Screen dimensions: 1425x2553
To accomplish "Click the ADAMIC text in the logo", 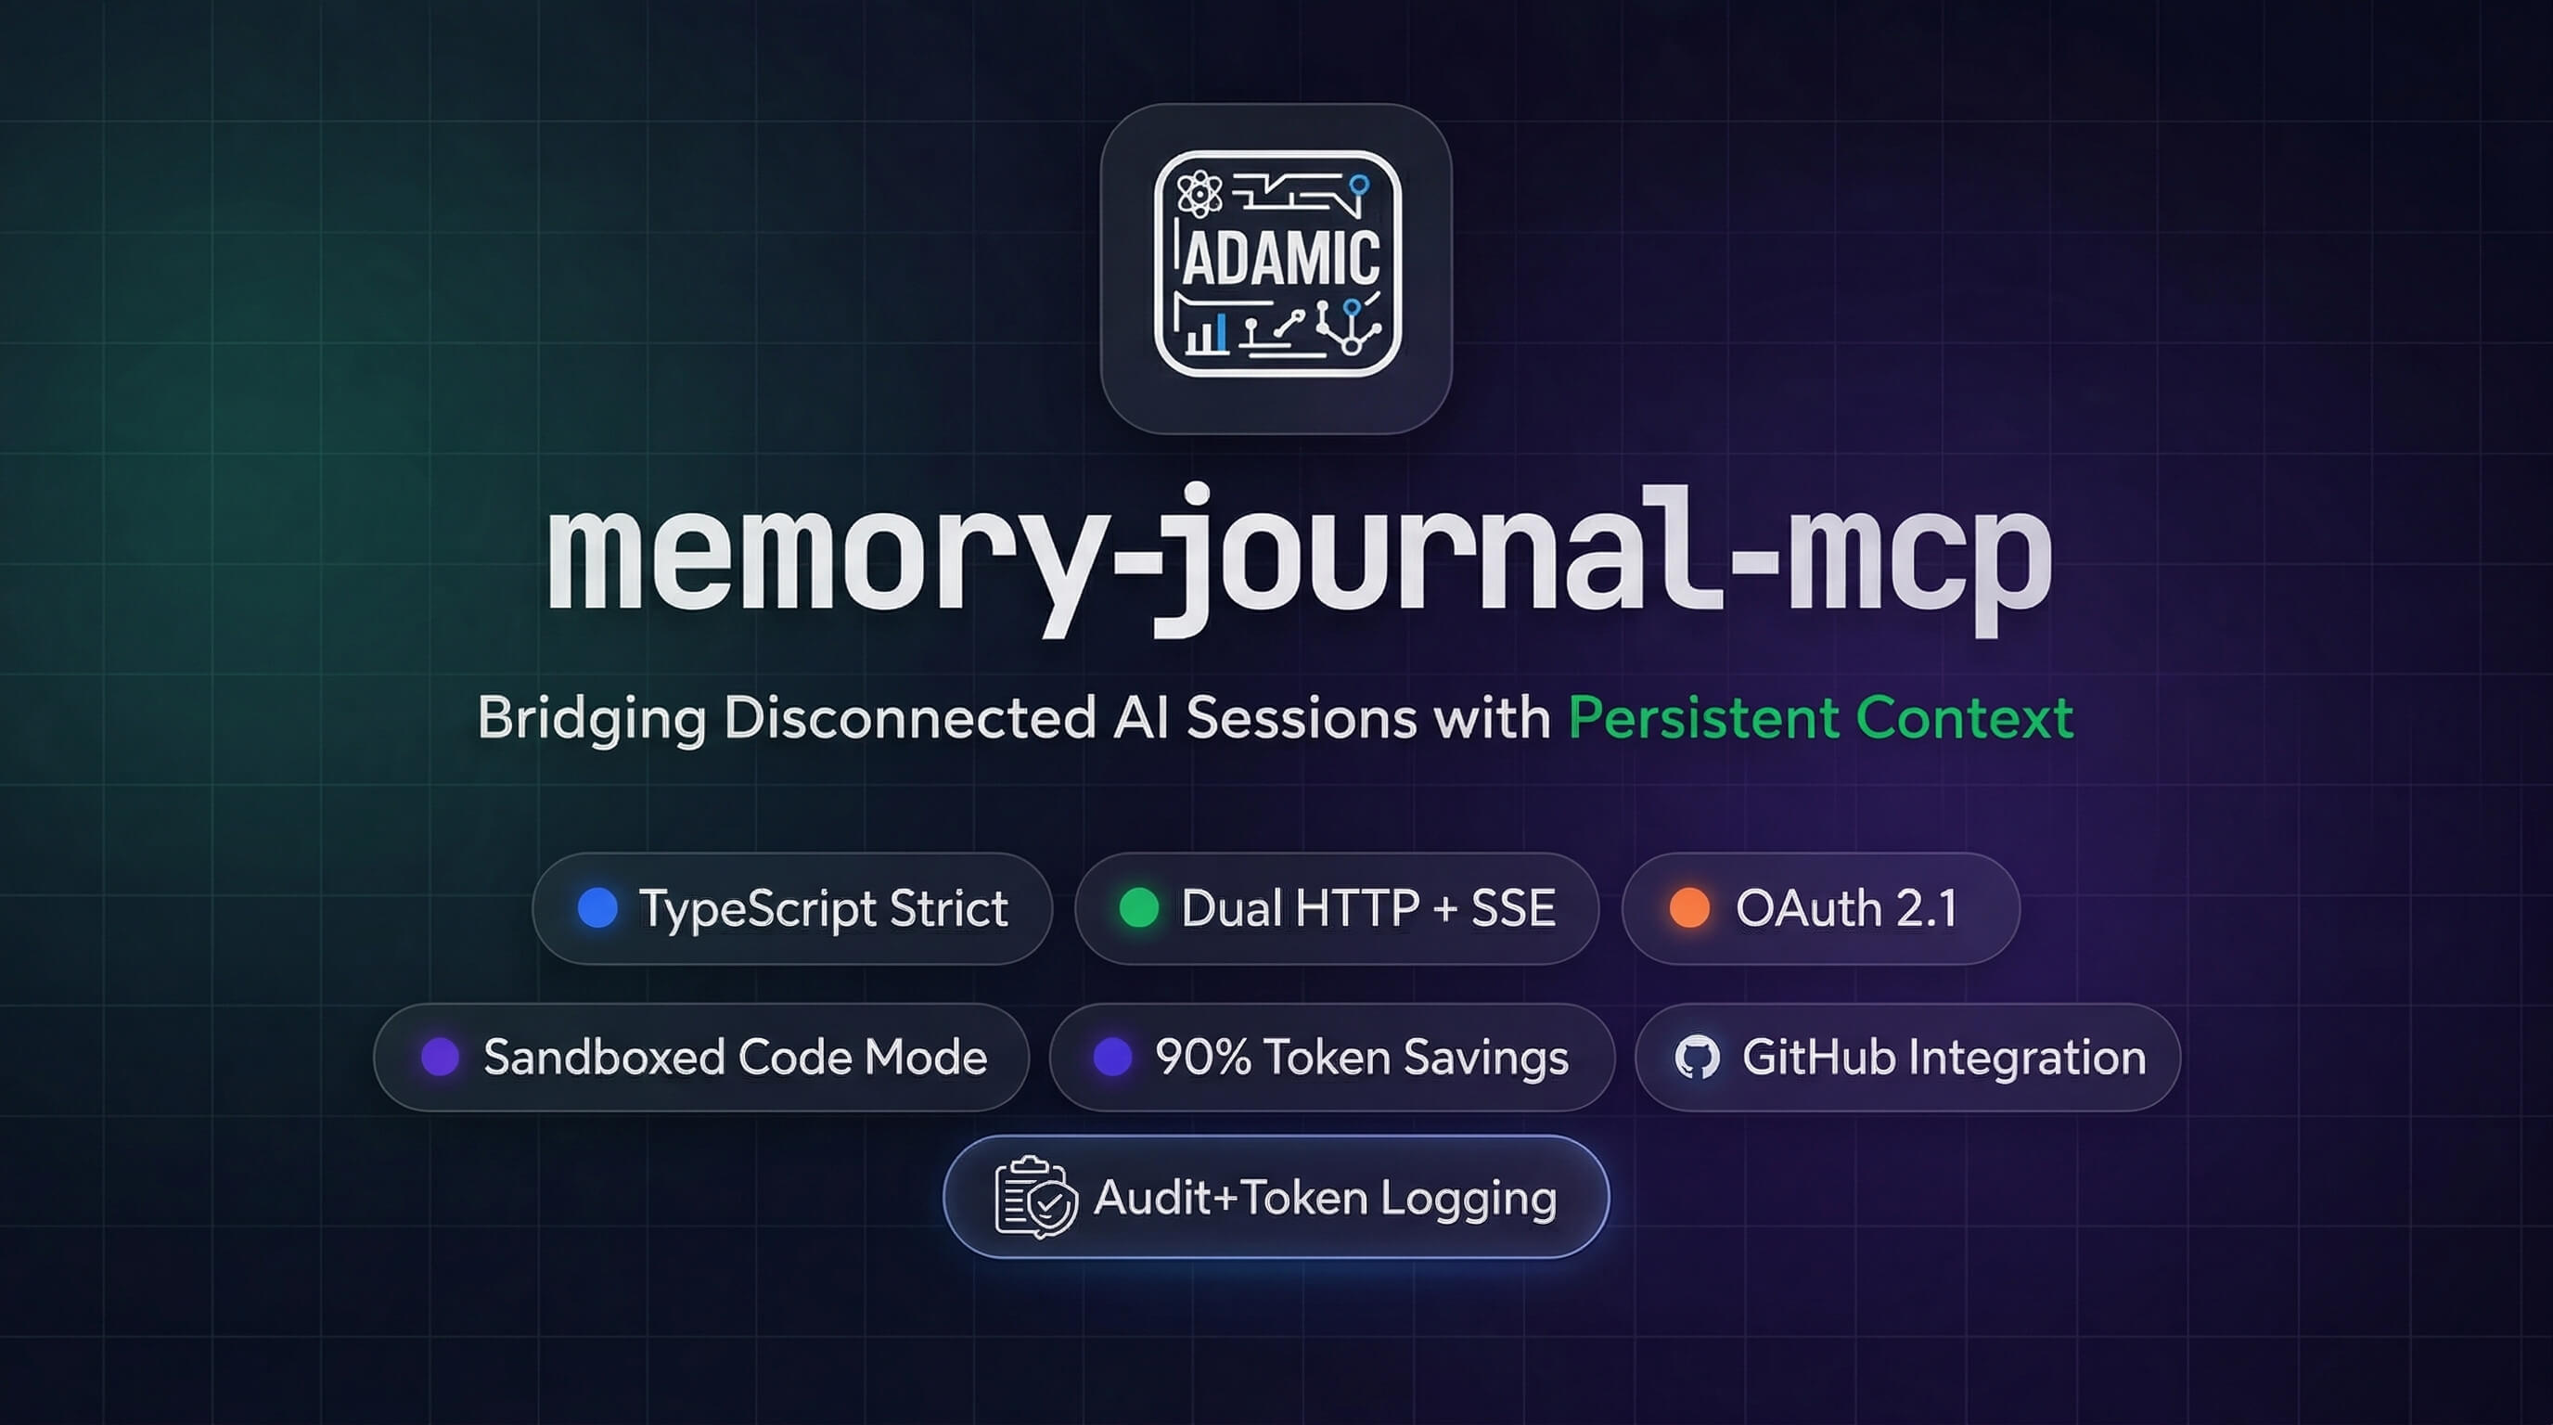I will click(x=1279, y=259).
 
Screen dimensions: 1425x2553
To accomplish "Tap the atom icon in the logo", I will click(x=1200, y=193).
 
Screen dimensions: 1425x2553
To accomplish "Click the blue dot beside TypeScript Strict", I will click(x=597, y=907).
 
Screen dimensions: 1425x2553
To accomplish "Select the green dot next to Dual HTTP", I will click(x=1139, y=907).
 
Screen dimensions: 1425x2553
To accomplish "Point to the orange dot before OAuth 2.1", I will click(x=1689, y=907).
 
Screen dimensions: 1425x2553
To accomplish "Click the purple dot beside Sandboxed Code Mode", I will click(x=440, y=1058).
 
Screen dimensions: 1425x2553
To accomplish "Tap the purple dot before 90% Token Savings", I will click(x=1112, y=1058).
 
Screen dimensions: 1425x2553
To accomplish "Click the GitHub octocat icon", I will click(x=1697, y=1058).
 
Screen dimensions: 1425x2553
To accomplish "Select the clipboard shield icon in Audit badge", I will click(x=1034, y=1197).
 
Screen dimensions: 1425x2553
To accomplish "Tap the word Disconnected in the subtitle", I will click(x=910, y=717).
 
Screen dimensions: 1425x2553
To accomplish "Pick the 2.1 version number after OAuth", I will click(x=1927, y=907).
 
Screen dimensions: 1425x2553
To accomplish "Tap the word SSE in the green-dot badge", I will click(x=1512, y=907).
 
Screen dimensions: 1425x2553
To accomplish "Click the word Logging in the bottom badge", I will click(x=1468, y=1199).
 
